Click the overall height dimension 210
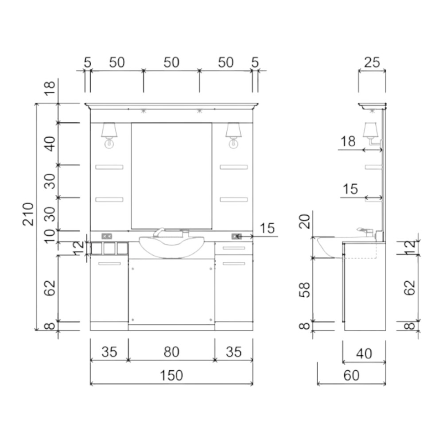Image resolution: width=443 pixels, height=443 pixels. pyautogui.click(x=28, y=214)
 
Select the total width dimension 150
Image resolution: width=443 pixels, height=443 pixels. pyautogui.click(x=171, y=375)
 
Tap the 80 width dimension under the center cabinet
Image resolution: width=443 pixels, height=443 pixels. pyautogui.click(x=171, y=352)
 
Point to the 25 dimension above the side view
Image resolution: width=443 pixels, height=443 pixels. pyautogui.click(x=372, y=62)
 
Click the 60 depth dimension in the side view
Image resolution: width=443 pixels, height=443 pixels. pyautogui.click(x=351, y=375)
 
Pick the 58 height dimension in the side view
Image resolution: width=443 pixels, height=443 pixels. pyautogui.click(x=305, y=290)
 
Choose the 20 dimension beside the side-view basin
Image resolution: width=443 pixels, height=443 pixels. pyautogui.click(x=305, y=221)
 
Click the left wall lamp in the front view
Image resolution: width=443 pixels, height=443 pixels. pyautogui.click(x=109, y=135)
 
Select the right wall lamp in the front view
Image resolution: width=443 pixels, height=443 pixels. pyautogui.click(x=233, y=135)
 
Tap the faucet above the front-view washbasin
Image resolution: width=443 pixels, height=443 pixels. pyautogui.click(x=159, y=232)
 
